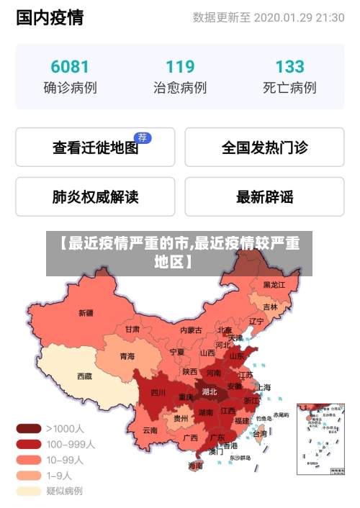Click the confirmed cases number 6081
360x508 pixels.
tap(70, 67)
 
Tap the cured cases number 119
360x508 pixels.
tap(179, 67)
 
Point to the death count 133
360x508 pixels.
tap(289, 67)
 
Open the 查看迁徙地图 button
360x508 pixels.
tap(95, 148)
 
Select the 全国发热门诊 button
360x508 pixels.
tap(264, 148)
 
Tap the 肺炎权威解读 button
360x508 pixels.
tap(95, 196)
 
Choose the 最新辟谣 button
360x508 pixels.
tap(264, 196)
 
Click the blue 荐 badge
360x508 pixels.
tap(143, 137)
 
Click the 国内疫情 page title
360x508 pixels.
tap(50, 17)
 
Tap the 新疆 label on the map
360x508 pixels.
tap(86, 313)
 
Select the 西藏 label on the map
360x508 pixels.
tap(84, 376)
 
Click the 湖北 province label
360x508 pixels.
tap(210, 392)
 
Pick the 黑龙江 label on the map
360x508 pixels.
tap(274, 285)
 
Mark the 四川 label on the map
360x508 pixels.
tap(158, 393)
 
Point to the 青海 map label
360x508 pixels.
tap(127, 356)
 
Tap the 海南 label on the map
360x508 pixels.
tap(195, 466)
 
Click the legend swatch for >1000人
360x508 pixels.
tap(29, 428)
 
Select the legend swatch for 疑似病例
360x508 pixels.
tap(29, 491)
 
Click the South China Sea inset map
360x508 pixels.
tap(317, 440)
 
